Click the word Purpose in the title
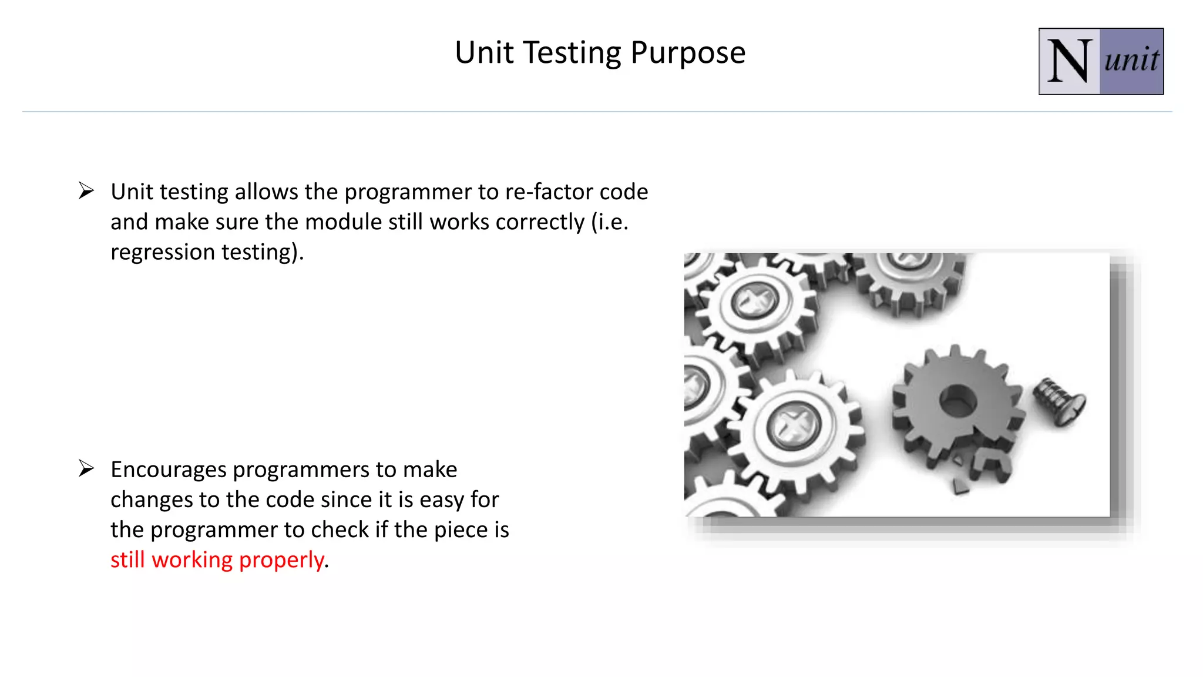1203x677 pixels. pyautogui.click(x=687, y=53)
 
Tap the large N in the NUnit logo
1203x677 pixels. pyautogui.click(x=1069, y=62)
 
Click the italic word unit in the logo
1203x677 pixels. pyautogui.click(x=1131, y=61)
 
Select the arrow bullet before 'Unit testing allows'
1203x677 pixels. pyautogui.click(x=86, y=191)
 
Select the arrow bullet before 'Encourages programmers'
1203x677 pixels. pyautogui.click(x=86, y=468)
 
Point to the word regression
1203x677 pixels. pyautogui.click(x=163, y=252)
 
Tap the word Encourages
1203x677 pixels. pyautogui.click(x=168, y=470)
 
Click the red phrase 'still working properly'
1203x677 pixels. pyautogui.click(x=217, y=559)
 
